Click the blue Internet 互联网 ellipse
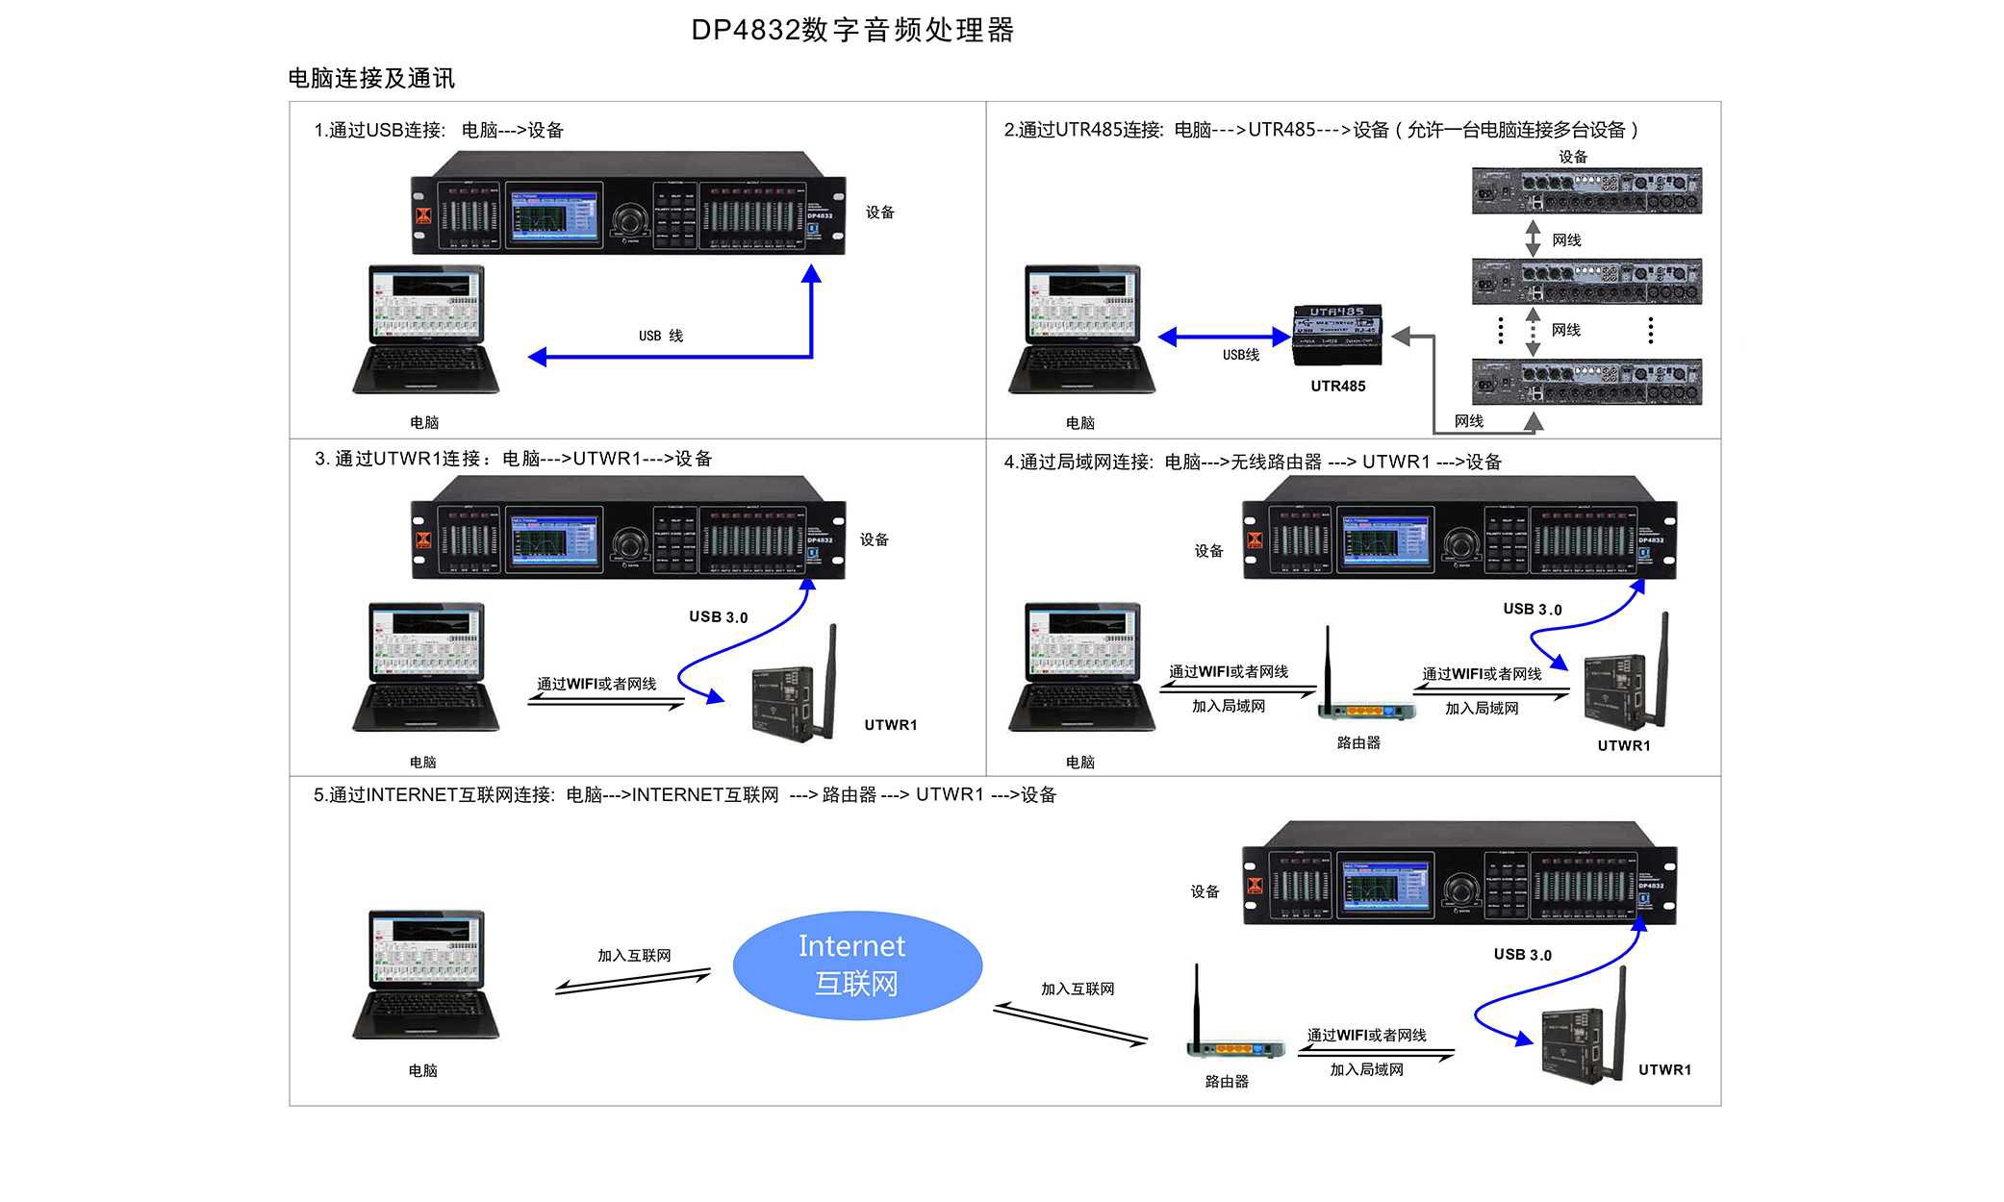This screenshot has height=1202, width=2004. click(x=856, y=964)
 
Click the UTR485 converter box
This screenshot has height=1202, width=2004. click(x=1337, y=336)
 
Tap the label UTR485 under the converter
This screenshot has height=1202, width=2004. click(x=1337, y=387)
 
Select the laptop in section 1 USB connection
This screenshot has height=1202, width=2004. click(x=425, y=330)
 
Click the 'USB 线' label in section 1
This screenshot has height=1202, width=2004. click(x=660, y=336)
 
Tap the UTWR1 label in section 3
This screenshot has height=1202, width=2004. click(x=890, y=725)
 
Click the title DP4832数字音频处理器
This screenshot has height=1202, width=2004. click(x=852, y=30)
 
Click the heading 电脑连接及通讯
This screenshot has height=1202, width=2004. click(x=371, y=78)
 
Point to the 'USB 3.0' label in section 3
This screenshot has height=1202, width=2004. click(x=718, y=617)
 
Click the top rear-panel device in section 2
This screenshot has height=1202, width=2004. click(x=1586, y=190)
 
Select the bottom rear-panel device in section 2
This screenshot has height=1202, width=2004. click(x=1586, y=381)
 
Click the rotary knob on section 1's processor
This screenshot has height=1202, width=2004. click(x=629, y=219)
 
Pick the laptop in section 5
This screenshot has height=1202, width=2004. click(x=425, y=975)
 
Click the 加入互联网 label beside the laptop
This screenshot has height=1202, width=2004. click(x=634, y=956)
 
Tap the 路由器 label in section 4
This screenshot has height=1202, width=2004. click(x=1358, y=743)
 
